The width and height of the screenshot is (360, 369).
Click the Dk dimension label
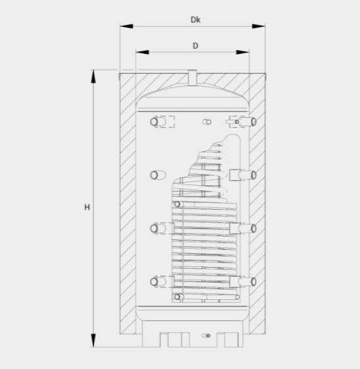(195, 20)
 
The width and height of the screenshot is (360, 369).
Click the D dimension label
(195, 45)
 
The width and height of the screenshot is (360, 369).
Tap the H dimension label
(87, 207)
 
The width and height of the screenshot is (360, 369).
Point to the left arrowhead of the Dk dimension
(126, 26)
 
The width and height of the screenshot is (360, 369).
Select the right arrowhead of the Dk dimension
(258, 26)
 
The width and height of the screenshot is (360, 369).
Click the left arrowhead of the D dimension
(143, 52)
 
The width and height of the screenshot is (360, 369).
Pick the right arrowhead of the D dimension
(242, 52)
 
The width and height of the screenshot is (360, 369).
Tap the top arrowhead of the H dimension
(93, 76)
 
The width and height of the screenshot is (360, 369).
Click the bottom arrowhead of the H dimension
(93, 340)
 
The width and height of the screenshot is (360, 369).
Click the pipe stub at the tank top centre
(192, 77)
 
